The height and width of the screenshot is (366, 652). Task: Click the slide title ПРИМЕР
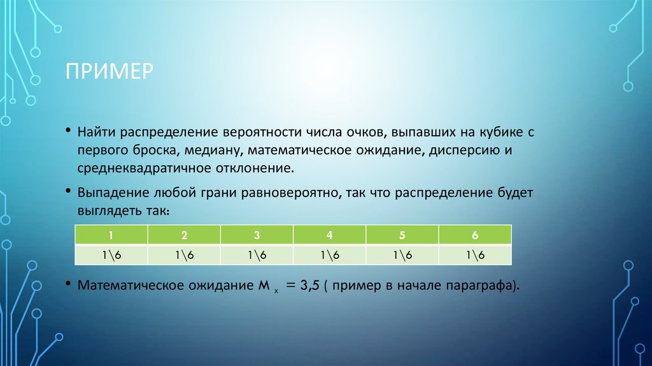(x=109, y=70)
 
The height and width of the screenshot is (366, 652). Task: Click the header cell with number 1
(x=111, y=235)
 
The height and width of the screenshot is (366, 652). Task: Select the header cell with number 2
(x=184, y=235)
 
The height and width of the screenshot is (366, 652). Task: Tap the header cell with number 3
(x=257, y=235)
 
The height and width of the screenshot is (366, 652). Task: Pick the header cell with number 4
(x=329, y=235)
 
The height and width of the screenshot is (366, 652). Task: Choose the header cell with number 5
(x=402, y=235)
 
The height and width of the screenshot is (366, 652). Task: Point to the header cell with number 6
(x=475, y=235)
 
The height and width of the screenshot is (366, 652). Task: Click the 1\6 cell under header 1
(x=111, y=254)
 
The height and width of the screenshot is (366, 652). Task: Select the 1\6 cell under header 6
(x=475, y=254)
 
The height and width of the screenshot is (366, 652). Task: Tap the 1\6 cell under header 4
(x=329, y=254)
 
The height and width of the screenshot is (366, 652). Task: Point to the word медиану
(x=217, y=152)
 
